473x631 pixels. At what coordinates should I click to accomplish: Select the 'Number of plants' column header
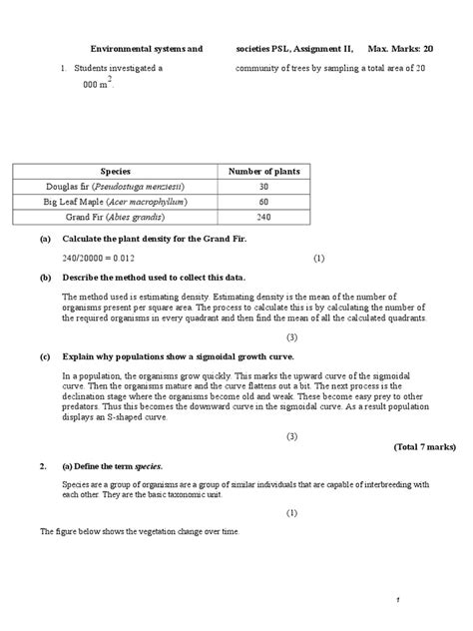tap(264, 172)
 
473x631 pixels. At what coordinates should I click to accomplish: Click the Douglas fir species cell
tap(116, 187)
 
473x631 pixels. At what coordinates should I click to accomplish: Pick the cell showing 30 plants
tap(264, 187)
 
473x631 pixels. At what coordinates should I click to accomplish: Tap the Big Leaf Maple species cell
tap(116, 202)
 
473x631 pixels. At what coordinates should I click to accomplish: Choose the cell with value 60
tap(264, 202)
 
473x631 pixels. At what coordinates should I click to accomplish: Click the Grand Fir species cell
tap(116, 217)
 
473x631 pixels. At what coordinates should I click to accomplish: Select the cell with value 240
tap(264, 217)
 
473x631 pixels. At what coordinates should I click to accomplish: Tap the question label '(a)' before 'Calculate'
tap(46, 241)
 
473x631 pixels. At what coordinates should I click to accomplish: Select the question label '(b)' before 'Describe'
tap(46, 277)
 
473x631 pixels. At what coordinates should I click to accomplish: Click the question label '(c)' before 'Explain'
tap(46, 355)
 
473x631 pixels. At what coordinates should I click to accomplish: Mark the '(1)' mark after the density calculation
tap(318, 258)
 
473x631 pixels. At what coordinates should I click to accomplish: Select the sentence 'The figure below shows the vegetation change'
tap(140, 532)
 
